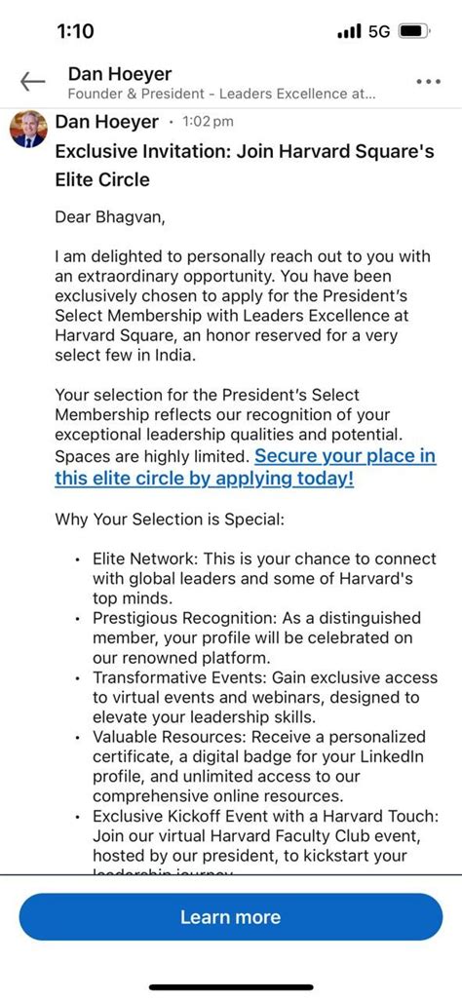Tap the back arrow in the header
click(32, 82)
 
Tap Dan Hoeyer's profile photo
click(28, 128)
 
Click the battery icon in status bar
click(413, 31)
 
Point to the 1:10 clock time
click(75, 31)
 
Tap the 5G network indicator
click(378, 31)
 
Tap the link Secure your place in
click(345, 456)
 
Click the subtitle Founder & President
click(128, 94)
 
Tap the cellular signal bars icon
click(349, 31)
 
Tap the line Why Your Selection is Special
click(170, 519)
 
